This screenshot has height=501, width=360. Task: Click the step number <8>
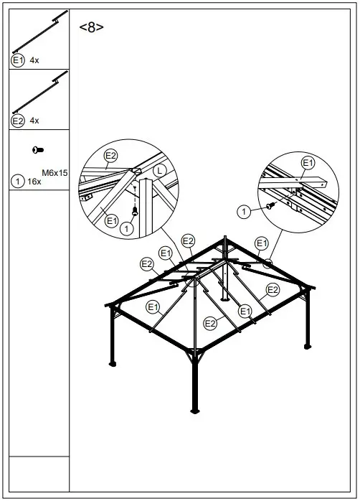tap(91, 28)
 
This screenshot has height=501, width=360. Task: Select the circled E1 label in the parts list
tap(18, 61)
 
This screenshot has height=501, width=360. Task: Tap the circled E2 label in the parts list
tap(18, 121)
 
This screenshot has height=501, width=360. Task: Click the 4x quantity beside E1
tap(34, 61)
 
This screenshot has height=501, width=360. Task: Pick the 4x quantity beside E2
tap(34, 121)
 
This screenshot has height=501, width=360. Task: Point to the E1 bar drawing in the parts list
tap(40, 34)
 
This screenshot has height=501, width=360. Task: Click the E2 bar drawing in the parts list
tap(40, 93)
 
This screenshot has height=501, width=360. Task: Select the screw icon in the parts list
tap(37, 150)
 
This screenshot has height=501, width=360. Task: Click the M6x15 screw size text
tap(55, 172)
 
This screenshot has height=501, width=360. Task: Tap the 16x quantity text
tap(33, 182)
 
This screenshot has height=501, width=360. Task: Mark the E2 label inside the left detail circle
tap(111, 155)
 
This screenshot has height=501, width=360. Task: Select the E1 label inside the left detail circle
tap(112, 221)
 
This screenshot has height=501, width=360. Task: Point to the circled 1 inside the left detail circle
tap(127, 228)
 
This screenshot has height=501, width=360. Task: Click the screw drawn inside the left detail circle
tap(136, 210)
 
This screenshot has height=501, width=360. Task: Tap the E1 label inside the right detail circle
tap(308, 163)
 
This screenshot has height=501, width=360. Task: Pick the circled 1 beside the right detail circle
tap(244, 211)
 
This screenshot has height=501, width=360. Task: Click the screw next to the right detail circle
tap(270, 206)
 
